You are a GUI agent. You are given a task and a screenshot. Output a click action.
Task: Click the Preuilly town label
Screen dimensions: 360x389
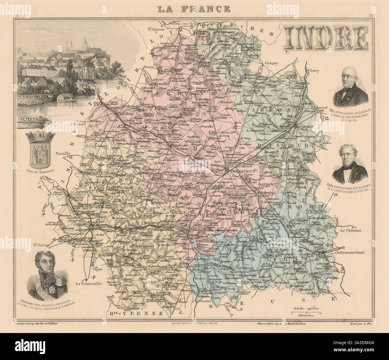[x=62, y=153]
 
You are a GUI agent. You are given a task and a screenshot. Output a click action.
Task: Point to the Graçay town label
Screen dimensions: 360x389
[x=271, y=63]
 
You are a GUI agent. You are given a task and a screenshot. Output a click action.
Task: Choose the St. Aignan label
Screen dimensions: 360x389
[x=156, y=29]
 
